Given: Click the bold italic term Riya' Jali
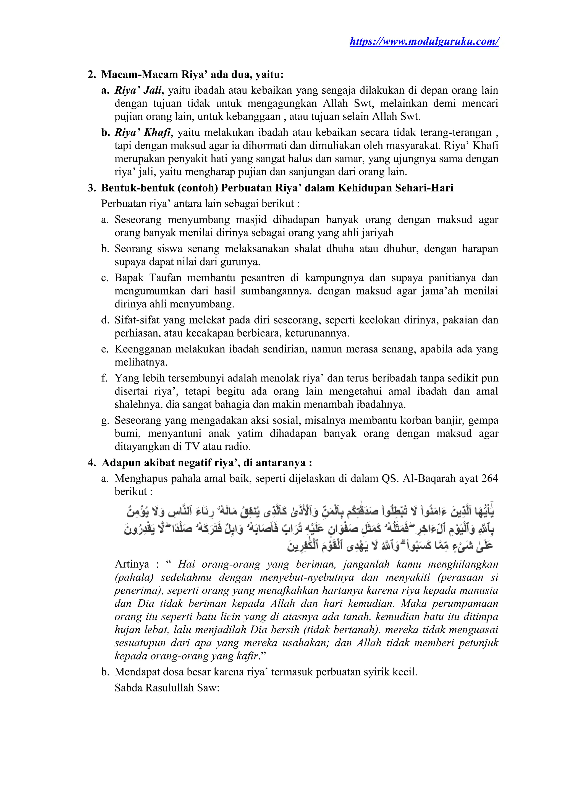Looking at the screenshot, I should click(138, 90).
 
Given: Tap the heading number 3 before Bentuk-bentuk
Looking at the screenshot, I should click(91, 188).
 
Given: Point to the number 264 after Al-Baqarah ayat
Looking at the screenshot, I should click(489, 478).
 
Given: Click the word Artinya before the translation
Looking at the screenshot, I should click(132, 564).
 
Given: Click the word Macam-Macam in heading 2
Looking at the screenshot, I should click(139, 75).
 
